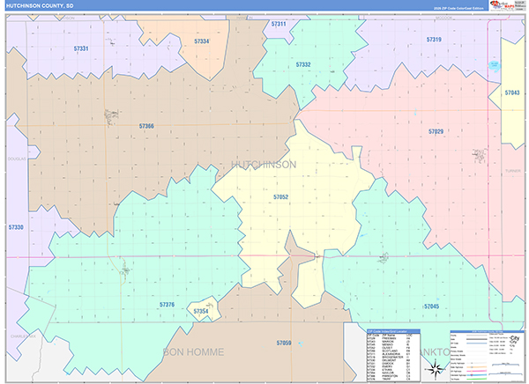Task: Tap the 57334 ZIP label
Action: click(x=202, y=41)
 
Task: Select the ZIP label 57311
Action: click(x=279, y=24)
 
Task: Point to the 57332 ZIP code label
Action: click(x=303, y=64)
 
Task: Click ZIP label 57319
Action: click(x=434, y=40)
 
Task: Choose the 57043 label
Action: click(x=512, y=92)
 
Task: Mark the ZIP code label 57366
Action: click(x=146, y=126)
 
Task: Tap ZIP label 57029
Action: click(x=436, y=131)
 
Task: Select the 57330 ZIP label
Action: click(x=16, y=227)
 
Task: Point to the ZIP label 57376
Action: click(x=168, y=304)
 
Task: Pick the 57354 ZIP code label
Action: click(x=202, y=311)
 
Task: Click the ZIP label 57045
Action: click(x=431, y=306)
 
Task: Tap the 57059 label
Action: click(x=283, y=342)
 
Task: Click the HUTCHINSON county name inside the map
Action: click(x=263, y=165)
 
